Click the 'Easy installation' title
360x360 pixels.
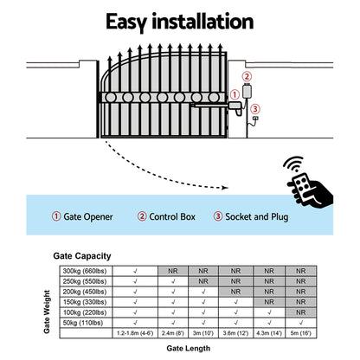(180, 21)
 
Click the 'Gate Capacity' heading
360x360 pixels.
(85, 257)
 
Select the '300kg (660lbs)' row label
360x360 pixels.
(85, 271)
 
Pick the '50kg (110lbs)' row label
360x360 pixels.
(85, 322)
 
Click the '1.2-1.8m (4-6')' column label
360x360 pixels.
(135, 332)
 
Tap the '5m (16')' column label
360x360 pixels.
(301, 332)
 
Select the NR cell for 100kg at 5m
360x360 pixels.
(301, 312)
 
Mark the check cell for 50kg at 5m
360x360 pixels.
(301, 322)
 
